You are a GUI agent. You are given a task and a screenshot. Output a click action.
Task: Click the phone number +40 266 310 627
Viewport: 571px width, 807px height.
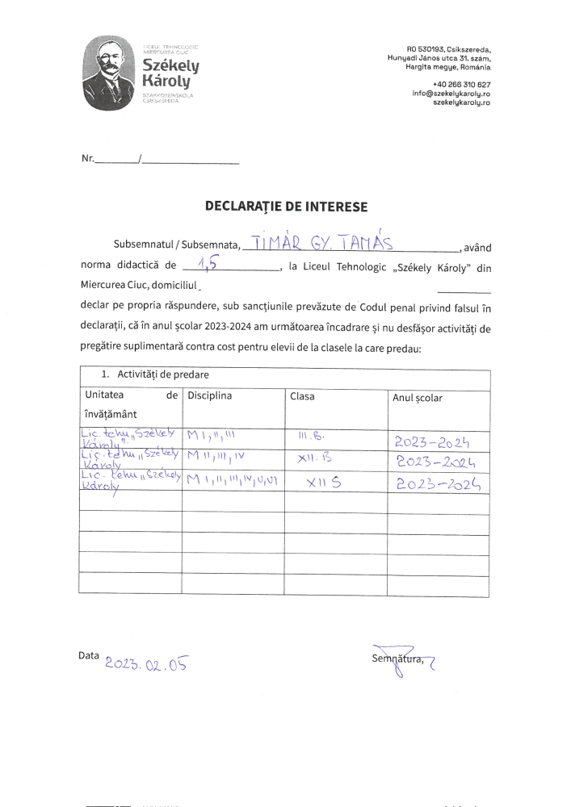461,85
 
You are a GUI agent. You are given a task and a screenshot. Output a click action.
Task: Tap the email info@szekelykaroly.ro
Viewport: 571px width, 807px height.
451,94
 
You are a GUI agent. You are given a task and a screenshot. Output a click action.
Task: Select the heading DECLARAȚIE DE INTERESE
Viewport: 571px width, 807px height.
286,207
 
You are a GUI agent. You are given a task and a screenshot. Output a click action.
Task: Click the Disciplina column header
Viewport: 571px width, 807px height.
210,396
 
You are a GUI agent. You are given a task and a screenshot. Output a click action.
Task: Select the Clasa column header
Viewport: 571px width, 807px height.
302,396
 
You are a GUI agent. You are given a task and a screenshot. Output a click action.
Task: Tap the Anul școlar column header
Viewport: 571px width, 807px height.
417,398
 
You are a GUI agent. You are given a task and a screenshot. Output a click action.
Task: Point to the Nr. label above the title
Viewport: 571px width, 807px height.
88,159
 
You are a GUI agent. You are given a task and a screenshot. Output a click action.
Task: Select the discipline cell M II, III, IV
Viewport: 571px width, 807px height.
216,458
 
